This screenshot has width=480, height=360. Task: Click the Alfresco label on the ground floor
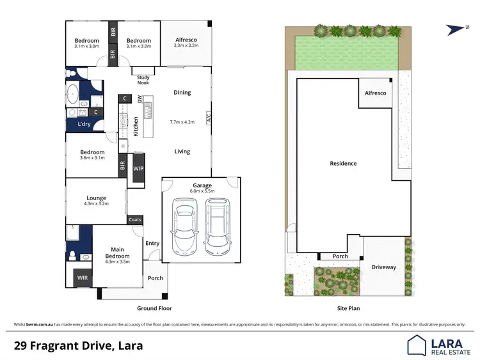186,40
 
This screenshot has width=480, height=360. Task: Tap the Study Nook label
144,80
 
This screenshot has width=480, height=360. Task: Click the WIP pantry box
138,168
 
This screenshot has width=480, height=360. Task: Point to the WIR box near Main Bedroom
83,278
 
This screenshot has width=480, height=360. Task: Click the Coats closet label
135,219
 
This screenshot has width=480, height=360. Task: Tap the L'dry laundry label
84,124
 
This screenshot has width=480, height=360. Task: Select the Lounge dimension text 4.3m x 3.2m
97,205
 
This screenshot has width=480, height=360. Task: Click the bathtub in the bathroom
72,93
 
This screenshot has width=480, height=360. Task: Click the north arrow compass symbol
454,28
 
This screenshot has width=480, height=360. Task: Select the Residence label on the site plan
343,164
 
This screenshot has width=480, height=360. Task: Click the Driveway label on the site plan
384,267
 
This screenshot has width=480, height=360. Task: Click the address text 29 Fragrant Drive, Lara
79,346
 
